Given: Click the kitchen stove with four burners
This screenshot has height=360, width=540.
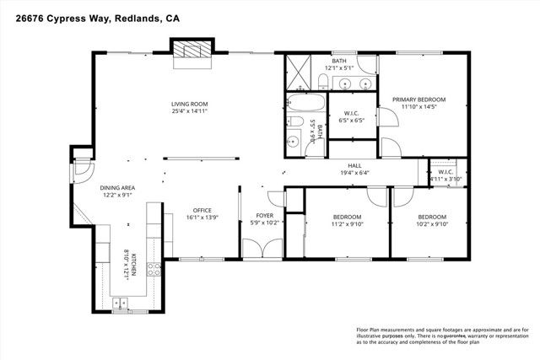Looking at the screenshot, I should pos(155,270).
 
